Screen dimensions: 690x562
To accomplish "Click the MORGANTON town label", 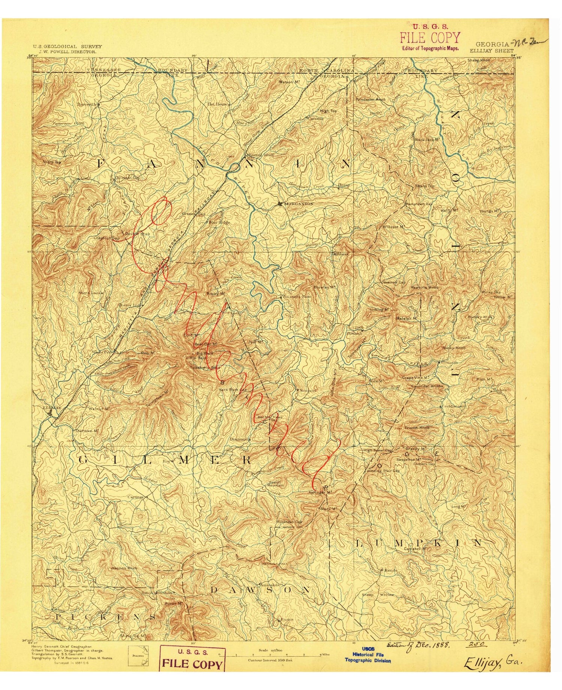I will click(298, 204).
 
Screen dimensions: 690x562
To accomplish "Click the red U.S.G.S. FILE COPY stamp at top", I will click(430, 37).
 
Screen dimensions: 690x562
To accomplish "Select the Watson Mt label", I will click(288, 82).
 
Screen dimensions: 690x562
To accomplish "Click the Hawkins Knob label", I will click(424, 287).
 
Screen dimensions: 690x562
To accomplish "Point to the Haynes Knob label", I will click(124, 568).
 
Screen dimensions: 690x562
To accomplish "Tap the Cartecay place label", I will click(136, 497).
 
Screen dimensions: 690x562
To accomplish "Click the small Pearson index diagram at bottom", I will click(138, 656).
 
